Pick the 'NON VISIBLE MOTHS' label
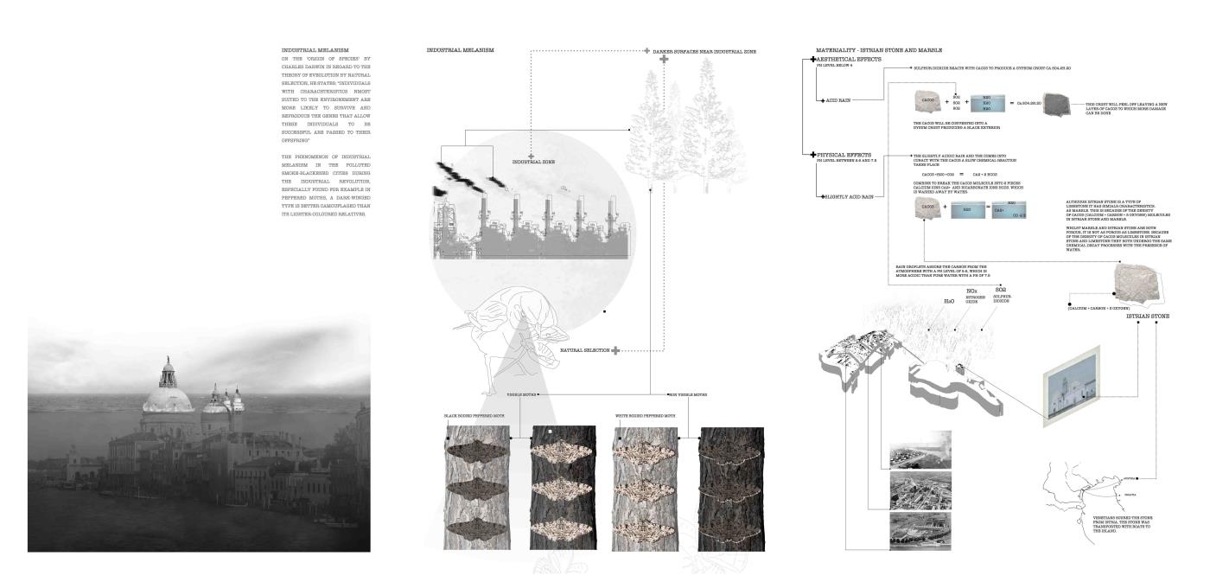coord(687,394)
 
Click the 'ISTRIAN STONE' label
coord(1147,317)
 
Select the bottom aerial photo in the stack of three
coord(920,530)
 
